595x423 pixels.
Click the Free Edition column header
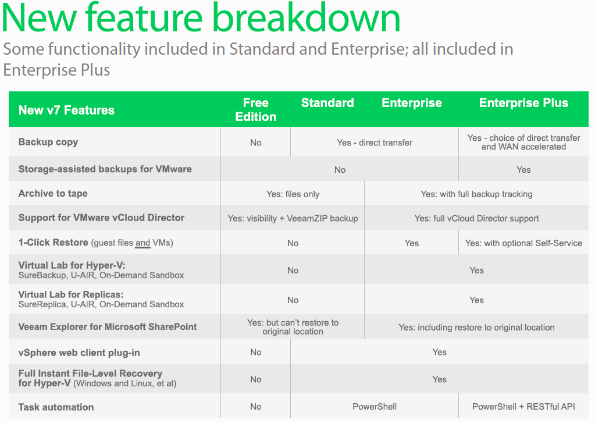(256, 110)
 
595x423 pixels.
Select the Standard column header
(327, 103)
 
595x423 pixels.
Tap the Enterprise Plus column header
(523, 103)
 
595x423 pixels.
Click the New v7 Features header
(66, 110)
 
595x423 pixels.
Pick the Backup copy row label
(48, 142)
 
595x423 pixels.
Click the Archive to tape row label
(53, 194)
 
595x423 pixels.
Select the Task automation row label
(56, 407)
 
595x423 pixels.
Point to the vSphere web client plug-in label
(79, 353)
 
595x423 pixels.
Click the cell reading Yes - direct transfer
(375, 143)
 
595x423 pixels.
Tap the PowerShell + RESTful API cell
(523, 407)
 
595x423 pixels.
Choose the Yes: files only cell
(293, 194)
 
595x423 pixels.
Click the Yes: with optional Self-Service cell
(523, 243)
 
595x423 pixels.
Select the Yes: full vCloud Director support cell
(476, 219)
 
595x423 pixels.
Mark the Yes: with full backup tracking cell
(476, 194)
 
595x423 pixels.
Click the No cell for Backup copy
(256, 143)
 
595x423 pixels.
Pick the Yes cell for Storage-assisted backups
(523, 170)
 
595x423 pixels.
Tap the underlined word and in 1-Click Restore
(142, 243)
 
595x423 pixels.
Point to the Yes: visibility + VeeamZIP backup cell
(293, 219)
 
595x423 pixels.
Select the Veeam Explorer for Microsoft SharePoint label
(108, 327)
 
